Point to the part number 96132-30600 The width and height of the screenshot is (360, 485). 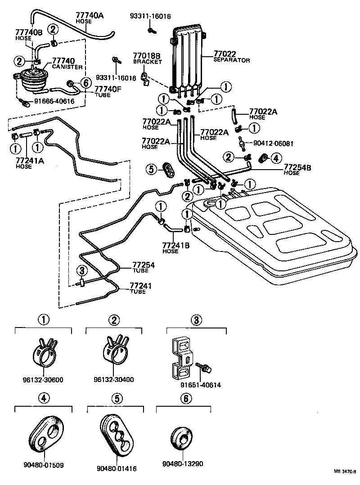[44, 379]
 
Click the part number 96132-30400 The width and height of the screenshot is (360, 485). [114, 379]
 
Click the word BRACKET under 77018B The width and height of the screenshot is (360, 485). [147, 62]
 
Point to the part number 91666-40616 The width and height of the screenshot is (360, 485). [54, 102]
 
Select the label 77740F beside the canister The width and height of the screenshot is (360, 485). [108, 90]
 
